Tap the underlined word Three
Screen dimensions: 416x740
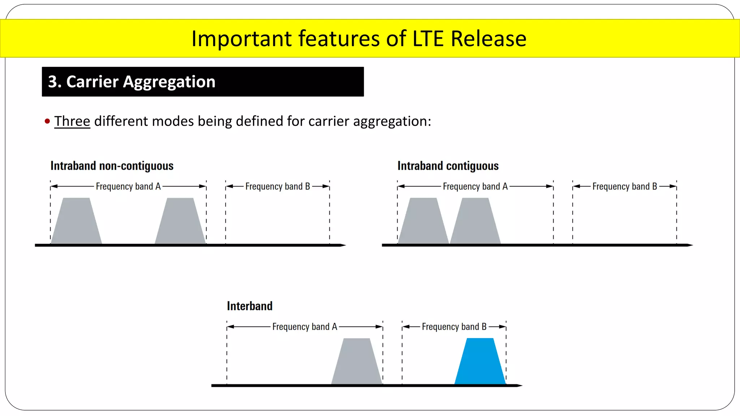[72, 121]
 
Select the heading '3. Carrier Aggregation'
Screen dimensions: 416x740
[132, 82]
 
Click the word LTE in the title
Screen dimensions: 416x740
[428, 39]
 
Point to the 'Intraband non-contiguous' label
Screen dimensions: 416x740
[112, 166]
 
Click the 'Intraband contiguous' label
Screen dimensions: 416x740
[448, 166]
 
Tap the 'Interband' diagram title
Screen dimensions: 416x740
[250, 306]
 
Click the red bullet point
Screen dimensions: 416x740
[47, 121]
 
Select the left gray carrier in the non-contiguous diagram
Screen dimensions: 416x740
[76, 221]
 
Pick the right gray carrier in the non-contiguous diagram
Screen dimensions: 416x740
[180, 221]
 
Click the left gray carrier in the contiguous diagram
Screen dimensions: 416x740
[423, 221]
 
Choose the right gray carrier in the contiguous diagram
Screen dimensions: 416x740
[475, 221]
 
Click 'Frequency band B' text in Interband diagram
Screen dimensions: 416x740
[454, 327]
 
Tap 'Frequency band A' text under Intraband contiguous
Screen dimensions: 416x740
[475, 187]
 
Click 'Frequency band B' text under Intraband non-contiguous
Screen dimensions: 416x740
[277, 187]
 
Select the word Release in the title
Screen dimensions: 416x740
[489, 39]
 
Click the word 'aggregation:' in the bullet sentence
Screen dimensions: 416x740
[392, 122]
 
